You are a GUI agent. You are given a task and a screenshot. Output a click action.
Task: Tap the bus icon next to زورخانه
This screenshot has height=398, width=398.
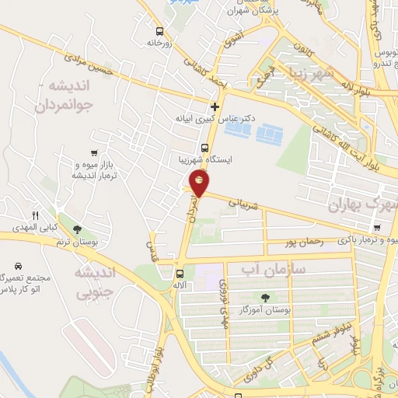click(159, 32)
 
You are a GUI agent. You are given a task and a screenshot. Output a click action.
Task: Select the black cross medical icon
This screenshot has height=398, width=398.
click(215, 106)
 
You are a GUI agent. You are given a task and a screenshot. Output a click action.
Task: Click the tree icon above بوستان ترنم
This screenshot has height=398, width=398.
click(76, 229)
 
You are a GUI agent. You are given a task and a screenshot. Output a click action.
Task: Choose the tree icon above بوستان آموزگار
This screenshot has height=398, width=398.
click(266, 298)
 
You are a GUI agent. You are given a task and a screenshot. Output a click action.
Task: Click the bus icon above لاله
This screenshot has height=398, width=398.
click(180, 274)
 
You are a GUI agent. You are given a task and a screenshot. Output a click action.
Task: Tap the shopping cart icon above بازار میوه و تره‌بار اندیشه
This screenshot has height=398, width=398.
click(94, 153)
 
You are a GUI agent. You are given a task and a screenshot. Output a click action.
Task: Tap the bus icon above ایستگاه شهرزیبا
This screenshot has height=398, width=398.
click(204, 148)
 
